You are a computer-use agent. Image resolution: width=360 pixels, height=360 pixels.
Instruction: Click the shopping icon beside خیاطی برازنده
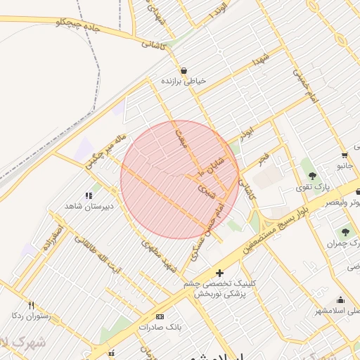point(184,70)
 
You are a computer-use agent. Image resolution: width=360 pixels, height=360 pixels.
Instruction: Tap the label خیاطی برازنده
point(184,82)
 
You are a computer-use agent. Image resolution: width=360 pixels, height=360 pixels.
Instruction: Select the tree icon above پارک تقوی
point(311,175)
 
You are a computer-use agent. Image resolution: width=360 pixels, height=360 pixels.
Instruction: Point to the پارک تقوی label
point(311,186)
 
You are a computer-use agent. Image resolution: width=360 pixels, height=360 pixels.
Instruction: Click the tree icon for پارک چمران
point(345,232)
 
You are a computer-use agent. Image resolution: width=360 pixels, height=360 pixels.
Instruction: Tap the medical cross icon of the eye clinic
point(220,272)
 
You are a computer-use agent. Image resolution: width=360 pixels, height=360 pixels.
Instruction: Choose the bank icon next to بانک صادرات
point(159,317)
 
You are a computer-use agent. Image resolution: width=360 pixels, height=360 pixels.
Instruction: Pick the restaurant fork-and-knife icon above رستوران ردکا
point(31,304)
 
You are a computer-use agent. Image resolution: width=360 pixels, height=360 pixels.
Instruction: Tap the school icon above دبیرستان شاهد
point(89,195)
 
